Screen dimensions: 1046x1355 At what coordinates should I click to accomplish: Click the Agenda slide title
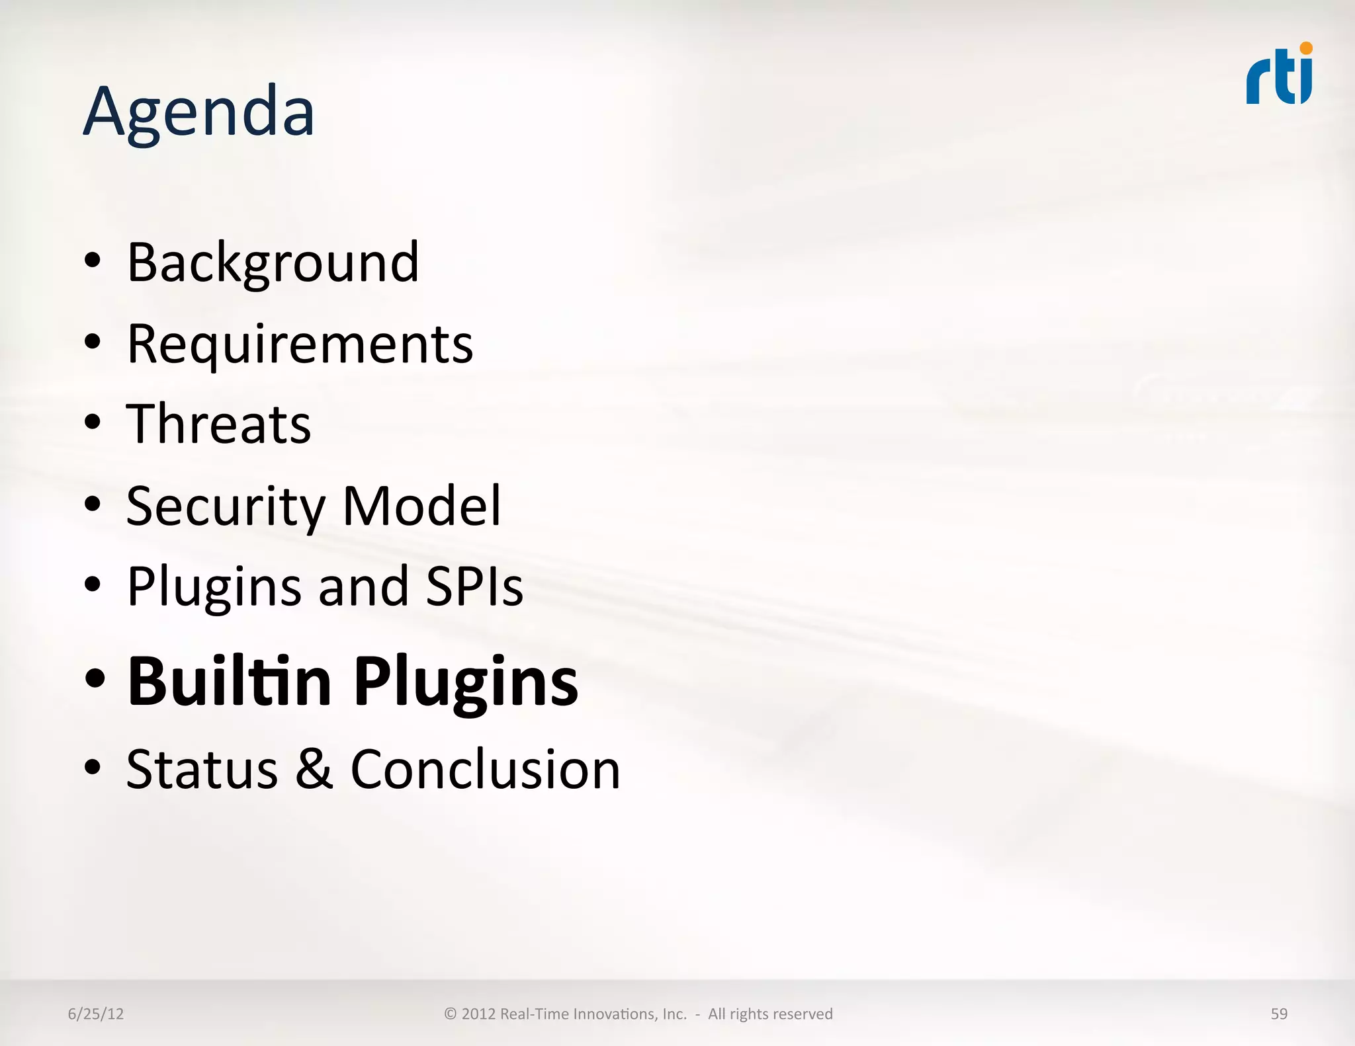click(198, 112)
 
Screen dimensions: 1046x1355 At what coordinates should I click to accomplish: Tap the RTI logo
click(1279, 75)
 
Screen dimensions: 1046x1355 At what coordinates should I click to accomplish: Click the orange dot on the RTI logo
click(1305, 48)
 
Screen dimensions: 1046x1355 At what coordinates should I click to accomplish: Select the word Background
click(273, 262)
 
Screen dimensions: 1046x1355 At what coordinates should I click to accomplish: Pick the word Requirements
click(300, 344)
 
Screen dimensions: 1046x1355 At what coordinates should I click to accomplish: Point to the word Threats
click(218, 424)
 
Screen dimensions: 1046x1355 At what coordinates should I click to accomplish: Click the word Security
click(225, 506)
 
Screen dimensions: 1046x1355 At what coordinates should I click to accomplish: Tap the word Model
click(421, 505)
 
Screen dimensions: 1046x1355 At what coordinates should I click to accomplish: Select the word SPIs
click(474, 586)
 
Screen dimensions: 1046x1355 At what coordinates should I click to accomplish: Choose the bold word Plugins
click(466, 682)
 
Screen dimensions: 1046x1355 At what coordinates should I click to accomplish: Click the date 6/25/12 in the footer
click(96, 1014)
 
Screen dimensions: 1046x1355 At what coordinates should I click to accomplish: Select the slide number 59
click(1279, 1014)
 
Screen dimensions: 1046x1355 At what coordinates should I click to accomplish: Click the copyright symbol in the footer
click(451, 1014)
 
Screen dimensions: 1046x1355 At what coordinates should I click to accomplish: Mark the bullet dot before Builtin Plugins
click(95, 678)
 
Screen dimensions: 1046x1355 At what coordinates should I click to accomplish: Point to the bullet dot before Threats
click(93, 422)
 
